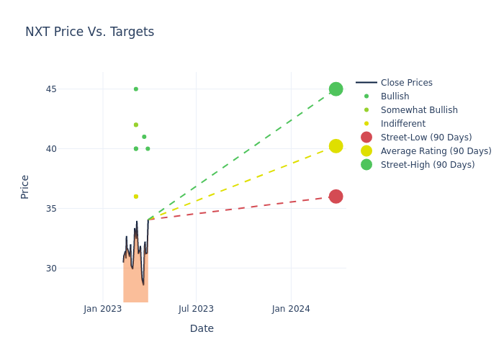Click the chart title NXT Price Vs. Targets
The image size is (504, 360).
[89, 32]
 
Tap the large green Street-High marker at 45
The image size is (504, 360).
[336, 89]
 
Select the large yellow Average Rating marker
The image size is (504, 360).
[336, 146]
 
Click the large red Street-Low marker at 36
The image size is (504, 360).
[336, 197]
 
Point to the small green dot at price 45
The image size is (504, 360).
[135, 89]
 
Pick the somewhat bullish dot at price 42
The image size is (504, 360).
[135, 125]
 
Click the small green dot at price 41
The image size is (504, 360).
[144, 137]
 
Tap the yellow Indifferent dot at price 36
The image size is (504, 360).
[135, 197]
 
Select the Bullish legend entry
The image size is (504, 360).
[395, 96]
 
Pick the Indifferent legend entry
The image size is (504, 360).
[402, 124]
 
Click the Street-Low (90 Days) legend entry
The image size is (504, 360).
[426, 138]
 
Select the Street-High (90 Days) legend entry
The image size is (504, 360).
[427, 165]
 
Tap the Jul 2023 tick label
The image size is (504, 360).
[196, 310]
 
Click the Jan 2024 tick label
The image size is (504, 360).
[291, 310]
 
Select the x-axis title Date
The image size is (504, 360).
[202, 329]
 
